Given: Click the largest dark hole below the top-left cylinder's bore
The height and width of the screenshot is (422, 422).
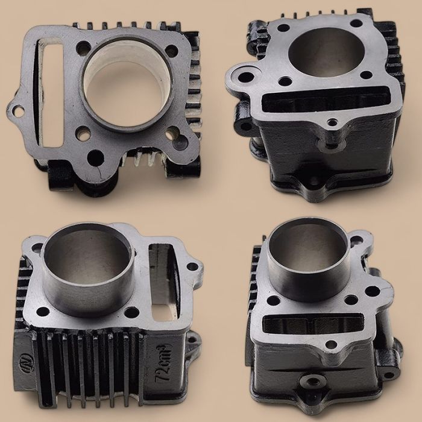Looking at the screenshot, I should coord(95,159).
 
